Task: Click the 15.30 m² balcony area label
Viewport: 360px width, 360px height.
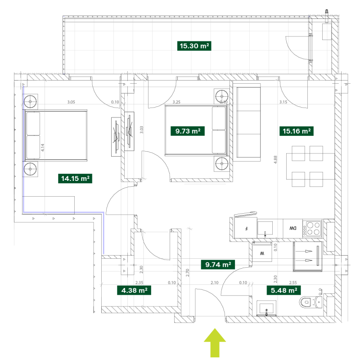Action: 194,46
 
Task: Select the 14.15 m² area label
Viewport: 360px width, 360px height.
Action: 75,178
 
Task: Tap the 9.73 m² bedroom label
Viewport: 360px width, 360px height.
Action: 188,131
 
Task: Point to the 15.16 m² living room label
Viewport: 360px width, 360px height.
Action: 297,131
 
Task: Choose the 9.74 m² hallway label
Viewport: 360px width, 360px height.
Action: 218,265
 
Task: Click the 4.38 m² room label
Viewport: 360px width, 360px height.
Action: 134,290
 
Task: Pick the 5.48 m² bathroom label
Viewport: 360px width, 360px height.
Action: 284,290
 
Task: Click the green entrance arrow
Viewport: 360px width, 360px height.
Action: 215,342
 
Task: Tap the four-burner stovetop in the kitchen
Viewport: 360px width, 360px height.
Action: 312,229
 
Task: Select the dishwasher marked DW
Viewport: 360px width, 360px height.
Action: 293,228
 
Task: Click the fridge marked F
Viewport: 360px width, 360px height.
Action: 245,228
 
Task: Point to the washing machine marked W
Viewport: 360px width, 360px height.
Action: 262,252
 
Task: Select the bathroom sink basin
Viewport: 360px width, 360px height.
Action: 266,308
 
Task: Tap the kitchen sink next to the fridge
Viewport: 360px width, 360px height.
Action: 265,229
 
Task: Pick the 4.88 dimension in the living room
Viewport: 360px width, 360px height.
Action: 275,160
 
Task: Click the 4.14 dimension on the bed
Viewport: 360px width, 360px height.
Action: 42,148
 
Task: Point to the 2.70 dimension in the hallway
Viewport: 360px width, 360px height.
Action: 187,273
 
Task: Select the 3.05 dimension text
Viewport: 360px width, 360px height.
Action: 71,102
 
